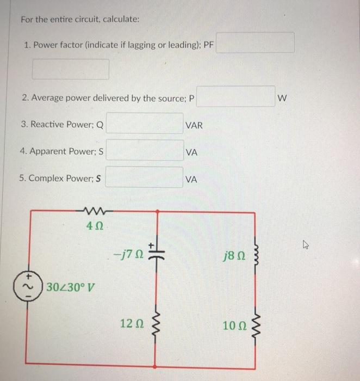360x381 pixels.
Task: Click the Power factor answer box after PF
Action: click(x=256, y=42)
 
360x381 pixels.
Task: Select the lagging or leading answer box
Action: click(x=71, y=69)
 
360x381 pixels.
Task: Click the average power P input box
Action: click(x=236, y=96)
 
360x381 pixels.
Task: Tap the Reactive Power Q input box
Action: click(x=145, y=124)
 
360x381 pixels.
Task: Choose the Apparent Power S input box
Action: click(x=145, y=150)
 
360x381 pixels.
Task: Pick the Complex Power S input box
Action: click(x=145, y=177)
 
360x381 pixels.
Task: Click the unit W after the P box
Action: click(x=281, y=99)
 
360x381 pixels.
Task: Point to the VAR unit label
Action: click(x=194, y=125)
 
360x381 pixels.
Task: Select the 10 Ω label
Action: click(x=233, y=325)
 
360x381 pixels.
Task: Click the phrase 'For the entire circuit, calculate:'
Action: click(x=80, y=19)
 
